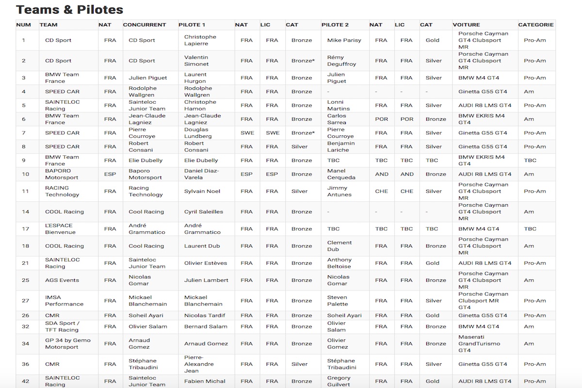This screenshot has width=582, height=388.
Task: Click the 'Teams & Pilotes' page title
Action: [69, 10]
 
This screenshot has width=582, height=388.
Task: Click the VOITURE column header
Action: [466, 25]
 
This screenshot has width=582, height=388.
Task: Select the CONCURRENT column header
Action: [144, 25]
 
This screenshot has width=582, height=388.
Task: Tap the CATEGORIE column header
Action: [535, 25]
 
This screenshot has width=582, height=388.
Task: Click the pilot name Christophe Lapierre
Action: [200, 40]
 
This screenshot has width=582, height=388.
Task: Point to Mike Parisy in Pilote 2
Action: [344, 40]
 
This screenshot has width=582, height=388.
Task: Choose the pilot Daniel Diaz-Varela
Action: [202, 174]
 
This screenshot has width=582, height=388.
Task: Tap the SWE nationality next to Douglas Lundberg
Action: [247, 133]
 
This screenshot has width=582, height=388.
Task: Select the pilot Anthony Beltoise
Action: [339, 263]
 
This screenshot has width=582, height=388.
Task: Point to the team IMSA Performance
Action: [64, 301]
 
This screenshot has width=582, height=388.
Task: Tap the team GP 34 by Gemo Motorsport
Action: [67, 343]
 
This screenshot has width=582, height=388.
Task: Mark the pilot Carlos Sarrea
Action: [337, 119]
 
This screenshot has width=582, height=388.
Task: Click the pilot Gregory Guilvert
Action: [339, 381]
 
